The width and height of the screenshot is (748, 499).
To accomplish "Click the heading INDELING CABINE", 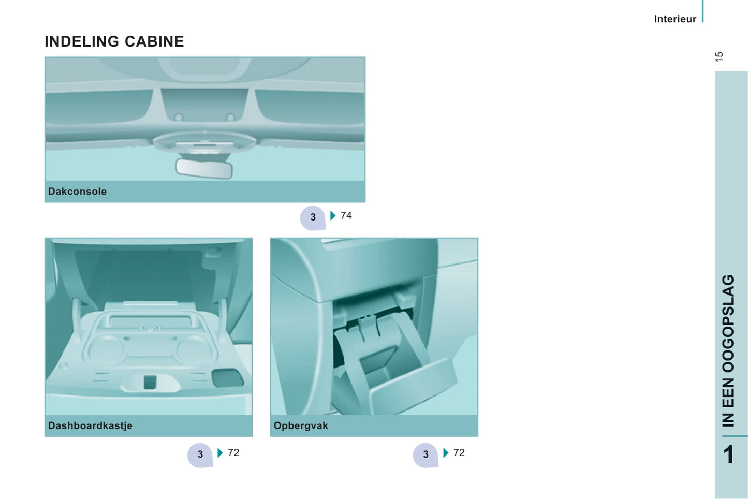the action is [x=114, y=41].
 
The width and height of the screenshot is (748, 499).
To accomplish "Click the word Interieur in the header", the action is [x=675, y=19].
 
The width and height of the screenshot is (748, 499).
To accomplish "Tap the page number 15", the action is [x=719, y=56].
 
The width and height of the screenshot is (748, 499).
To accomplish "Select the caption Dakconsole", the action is [x=78, y=192].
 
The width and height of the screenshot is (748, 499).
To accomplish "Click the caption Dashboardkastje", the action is [x=90, y=425].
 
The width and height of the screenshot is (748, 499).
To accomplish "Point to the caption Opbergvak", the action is [x=301, y=426].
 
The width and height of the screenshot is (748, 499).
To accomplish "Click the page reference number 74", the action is [x=346, y=215].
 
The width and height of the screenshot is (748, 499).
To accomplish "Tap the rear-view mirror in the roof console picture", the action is [x=204, y=168].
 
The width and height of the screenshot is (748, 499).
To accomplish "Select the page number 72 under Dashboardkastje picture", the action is [x=233, y=452].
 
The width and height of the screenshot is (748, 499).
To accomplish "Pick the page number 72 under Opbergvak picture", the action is [x=459, y=452].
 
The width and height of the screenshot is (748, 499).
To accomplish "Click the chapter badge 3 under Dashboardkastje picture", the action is [x=200, y=455].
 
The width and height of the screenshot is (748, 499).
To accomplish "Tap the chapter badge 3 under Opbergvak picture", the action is [x=426, y=455].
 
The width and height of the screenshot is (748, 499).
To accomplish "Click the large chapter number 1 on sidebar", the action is [x=729, y=454].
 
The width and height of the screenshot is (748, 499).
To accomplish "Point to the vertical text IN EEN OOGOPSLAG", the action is [x=728, y=351].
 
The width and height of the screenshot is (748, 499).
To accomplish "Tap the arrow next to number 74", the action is [x=333, y=215].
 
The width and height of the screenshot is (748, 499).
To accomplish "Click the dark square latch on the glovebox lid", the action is [x=150, y=382].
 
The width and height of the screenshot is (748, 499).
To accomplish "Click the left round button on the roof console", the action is [x=179, y=117].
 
